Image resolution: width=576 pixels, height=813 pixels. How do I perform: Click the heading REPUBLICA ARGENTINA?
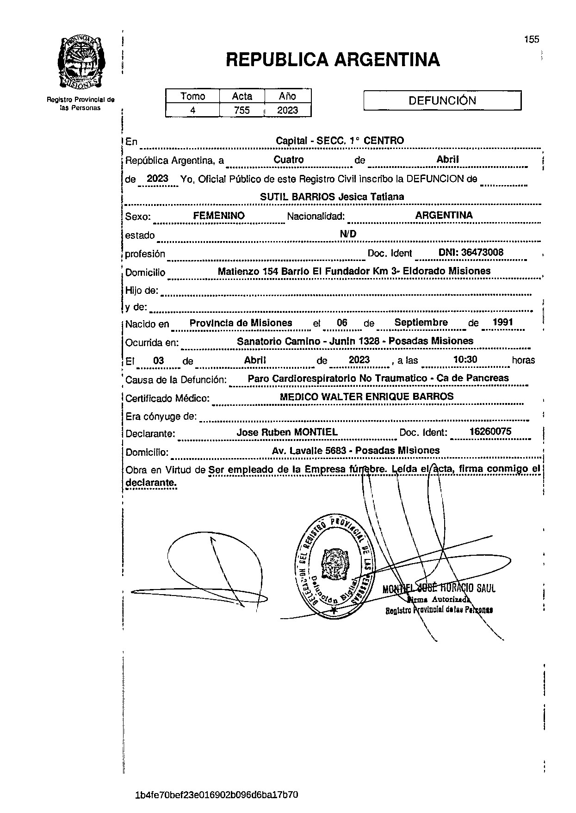[x=333, y=60]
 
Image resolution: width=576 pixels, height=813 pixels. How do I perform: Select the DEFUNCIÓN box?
[x=442, y=100]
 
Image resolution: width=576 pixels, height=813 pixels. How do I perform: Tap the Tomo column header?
[x=192, y=96]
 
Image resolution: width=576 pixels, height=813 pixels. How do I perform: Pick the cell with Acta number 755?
[x=242, y=110]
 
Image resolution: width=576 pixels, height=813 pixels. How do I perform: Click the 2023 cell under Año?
[x=287, y=110]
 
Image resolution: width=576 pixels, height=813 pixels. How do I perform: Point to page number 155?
[x=532, y=39]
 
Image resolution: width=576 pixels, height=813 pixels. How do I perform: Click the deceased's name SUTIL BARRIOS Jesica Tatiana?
[x=332, y=197]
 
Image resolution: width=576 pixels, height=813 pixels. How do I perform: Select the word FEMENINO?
[x=219, y=216]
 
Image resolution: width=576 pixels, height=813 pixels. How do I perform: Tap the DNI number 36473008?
[x=471, y=253]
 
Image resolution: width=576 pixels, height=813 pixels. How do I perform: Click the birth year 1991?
[x=503, y=323]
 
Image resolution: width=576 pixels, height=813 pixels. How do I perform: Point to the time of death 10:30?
[x=465, y=360]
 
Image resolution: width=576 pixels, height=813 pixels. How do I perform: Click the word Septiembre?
[x=421, y=323]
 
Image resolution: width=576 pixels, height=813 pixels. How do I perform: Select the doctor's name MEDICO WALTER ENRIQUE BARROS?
[x=367, y=397]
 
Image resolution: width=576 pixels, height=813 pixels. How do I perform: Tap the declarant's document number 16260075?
[x=490, y=432]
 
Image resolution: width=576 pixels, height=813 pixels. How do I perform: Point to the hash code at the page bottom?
[x=217, y=795]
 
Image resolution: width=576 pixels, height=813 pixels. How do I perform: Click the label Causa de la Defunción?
[x=176, y=380]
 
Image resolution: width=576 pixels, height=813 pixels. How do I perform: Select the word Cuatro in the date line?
[x=288, y=160]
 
